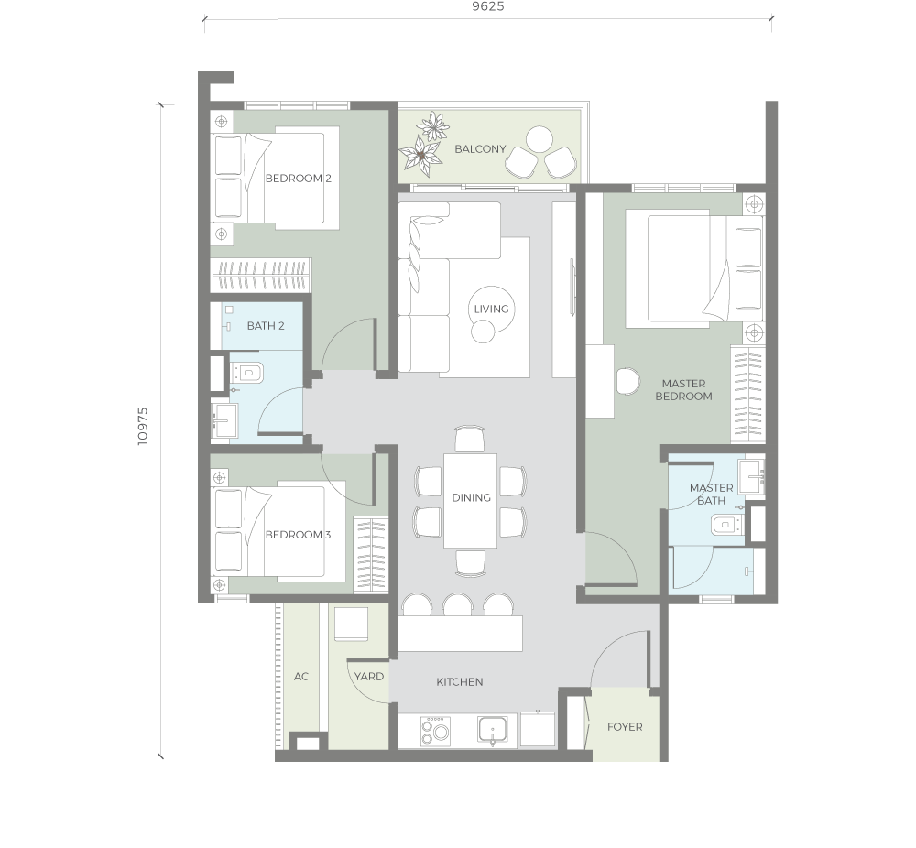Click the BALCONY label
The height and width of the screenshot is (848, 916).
point(480,149)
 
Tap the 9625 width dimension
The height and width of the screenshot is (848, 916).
point(488,6)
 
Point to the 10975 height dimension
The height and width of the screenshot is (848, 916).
point(143,427)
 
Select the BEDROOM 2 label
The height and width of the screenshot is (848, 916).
point(298,179)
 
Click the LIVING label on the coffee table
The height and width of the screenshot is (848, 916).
point(491,309)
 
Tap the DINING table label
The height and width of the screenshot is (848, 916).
point(471,497)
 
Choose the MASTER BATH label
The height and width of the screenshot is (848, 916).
point(711,495)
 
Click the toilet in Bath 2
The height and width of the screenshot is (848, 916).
point(247,372)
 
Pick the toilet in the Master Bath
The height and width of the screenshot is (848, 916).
point(726,525)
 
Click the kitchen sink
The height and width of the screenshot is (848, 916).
point(494,730)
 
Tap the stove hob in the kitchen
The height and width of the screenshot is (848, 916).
point(435,731)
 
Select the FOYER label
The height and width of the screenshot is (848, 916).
point(625,727)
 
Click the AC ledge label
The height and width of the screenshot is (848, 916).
point(300,677)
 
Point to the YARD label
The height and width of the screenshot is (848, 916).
point(368,677)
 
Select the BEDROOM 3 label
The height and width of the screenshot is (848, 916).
point(298,535)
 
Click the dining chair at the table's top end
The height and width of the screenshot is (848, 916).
point(470,439)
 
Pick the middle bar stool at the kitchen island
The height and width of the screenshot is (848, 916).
point(457,604)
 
